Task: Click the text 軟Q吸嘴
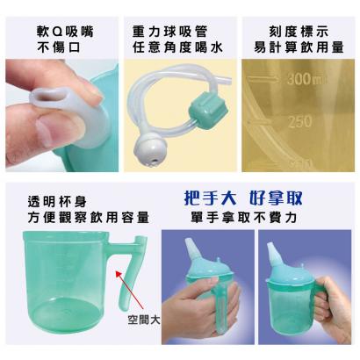[65, 32]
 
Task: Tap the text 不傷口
[59, 47]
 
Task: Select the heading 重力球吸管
[169, 32]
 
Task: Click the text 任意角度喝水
[177, 47]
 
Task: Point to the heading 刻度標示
[299, 32]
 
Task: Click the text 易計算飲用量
[299, 47]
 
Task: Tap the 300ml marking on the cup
[306, 79]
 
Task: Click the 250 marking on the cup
[299, 122]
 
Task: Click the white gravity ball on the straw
[149, 150]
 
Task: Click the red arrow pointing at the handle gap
[130, 290]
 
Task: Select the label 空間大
[144, 320]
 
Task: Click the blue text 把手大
[210, 198]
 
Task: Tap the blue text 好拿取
[276, 198]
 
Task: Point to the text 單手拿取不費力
[243, 218]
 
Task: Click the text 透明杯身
[57, 202]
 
